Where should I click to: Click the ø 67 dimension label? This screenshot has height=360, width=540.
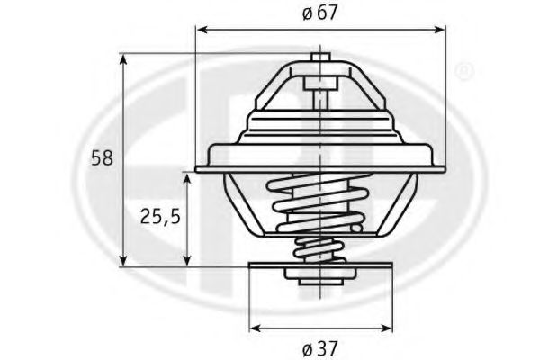tap(320, 13)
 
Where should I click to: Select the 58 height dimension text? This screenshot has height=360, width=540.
tap(102, 158)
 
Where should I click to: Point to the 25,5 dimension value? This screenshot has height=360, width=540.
tap(160, 217)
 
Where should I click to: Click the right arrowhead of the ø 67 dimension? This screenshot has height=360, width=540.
tap(441, 30)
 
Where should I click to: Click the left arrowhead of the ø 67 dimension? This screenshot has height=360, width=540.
tap(201, 30)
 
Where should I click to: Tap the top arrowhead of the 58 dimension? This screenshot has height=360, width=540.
tap(123, 59)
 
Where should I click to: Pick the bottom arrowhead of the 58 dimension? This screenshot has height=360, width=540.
tap(123, 260)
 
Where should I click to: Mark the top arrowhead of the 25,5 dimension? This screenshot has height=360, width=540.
tap(187, 179)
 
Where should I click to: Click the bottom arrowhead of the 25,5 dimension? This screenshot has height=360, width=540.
tap(187, 260)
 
